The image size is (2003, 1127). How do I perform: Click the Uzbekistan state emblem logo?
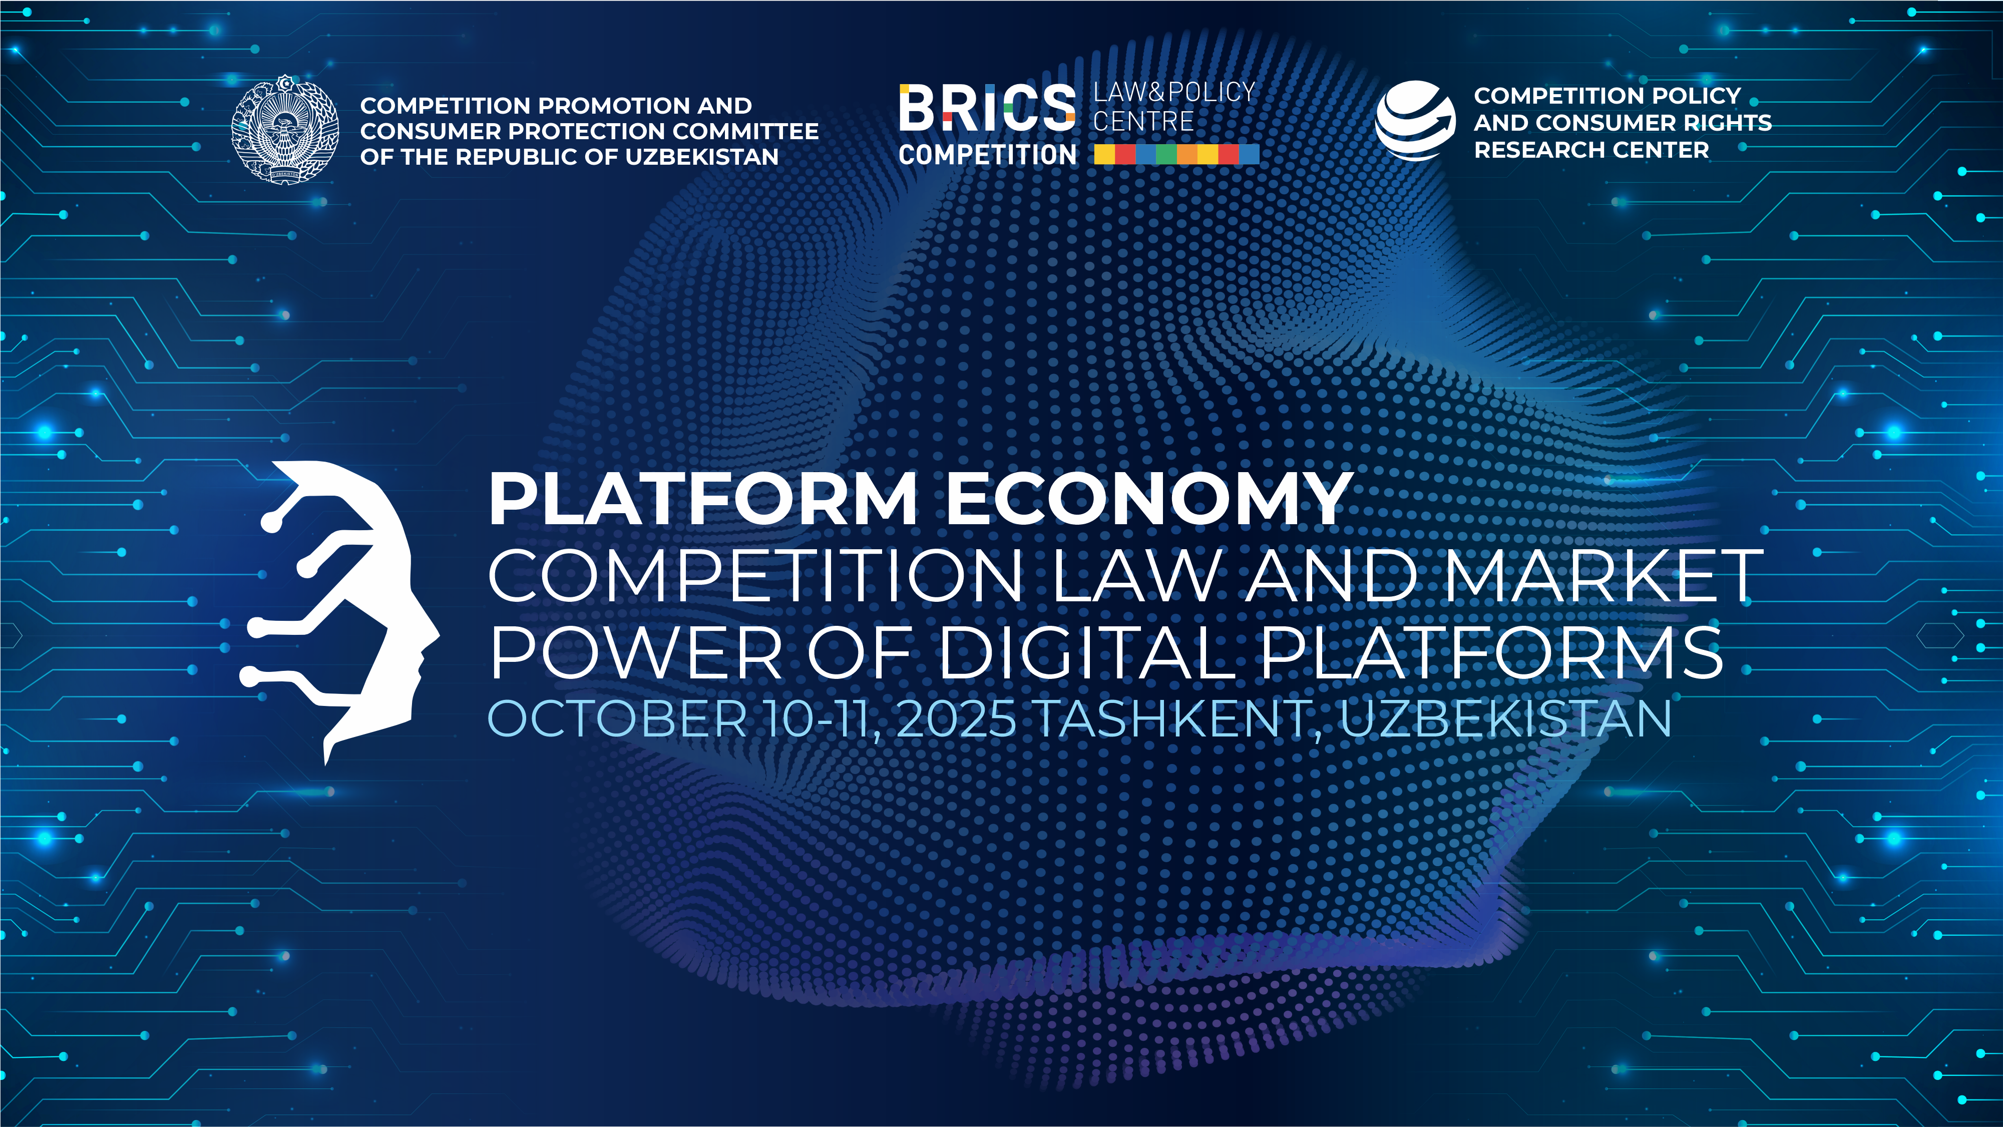pyautogui.click(x=285, y=129)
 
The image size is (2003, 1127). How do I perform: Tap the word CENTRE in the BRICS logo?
pyautogui.click(x=1143, y=121)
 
